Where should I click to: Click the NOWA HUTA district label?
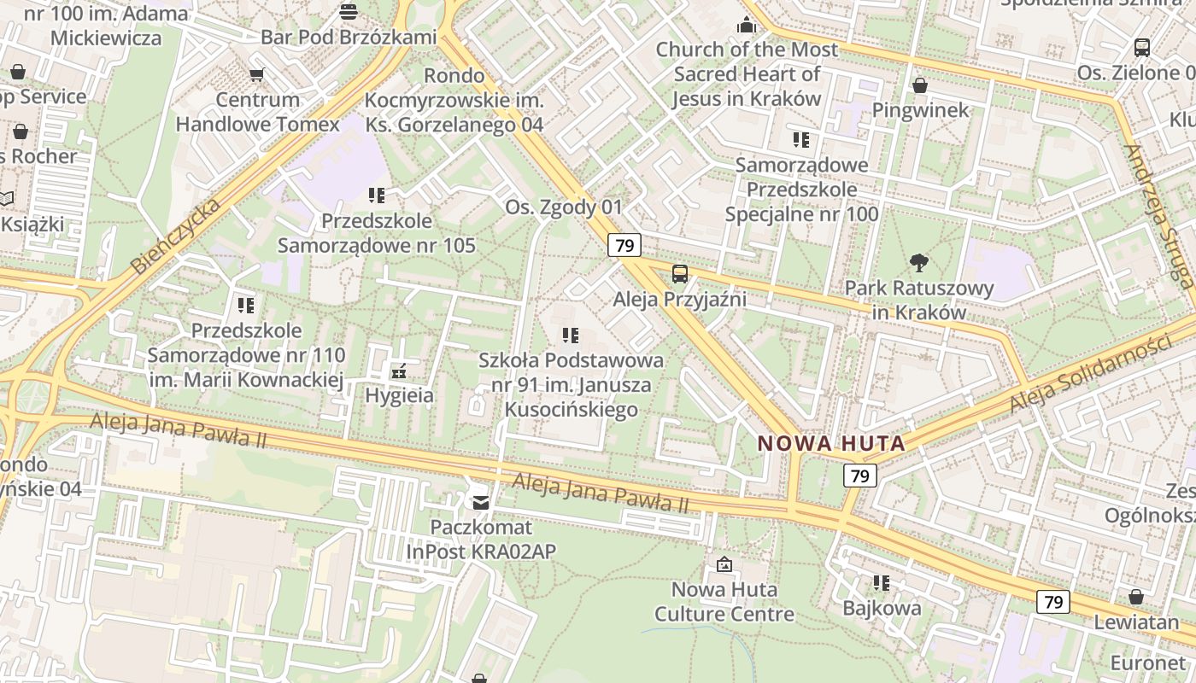(x=831, y=443)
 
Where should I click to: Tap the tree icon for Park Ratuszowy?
(x=919, y=262)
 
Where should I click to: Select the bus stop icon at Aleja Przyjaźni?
(x=680, y=274)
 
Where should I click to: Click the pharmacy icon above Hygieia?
(x=398, y=371)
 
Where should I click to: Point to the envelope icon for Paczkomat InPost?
(x=481, y=502)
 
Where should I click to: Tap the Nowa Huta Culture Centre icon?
(x=724, y=564)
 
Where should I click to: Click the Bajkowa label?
(x=882, y=608)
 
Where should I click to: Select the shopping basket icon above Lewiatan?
(x=1136, y=597)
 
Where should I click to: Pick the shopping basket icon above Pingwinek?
(x=920, y=85)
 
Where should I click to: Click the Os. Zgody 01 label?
(x=564, y=207)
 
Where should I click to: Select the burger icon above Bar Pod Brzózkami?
(x=349, y=11)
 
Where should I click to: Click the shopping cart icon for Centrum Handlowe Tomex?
(x=256, y=74)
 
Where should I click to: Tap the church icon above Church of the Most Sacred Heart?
(x=747, y=25)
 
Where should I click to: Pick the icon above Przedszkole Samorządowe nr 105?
(x=376, y=196)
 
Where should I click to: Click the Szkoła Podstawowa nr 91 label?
(x=571, y=385)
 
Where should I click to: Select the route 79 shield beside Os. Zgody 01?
(x=624, y=246)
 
